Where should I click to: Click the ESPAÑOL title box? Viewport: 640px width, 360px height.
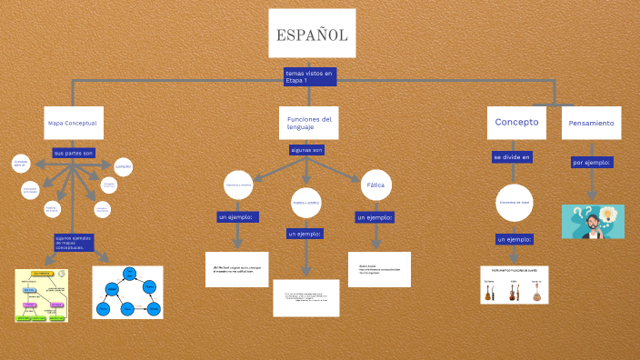click(312, 35)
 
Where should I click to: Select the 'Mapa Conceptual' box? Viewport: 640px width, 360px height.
click(73, 123)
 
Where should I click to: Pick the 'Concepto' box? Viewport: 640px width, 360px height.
click(516, 122)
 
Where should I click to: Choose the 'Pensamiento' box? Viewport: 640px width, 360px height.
click(591, 123)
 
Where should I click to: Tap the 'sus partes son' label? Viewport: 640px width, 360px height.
click(74, 153)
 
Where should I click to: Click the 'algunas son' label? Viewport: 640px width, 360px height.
click(306, 149)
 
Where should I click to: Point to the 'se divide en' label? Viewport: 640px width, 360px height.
click(512, 157)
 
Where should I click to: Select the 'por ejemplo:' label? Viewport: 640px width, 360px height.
click(591, 163)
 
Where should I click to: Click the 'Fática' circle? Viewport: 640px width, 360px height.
click(375, 185)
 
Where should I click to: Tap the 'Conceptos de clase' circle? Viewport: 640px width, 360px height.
click(514, 202)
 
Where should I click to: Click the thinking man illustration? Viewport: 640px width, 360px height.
click(593, 221)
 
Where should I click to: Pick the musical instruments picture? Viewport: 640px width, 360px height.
click(515, 285)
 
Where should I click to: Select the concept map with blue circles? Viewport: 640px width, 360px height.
click(127, 292)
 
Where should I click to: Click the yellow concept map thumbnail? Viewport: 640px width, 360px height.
click(42, 295)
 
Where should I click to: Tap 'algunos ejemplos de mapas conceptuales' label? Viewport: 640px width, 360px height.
click(75, 243)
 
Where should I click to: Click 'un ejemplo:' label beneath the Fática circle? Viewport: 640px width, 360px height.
click(374, 218)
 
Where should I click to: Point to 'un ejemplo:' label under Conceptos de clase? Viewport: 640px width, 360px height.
click(514, 239)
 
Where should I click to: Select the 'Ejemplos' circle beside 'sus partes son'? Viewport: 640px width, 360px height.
click(123, 167)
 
